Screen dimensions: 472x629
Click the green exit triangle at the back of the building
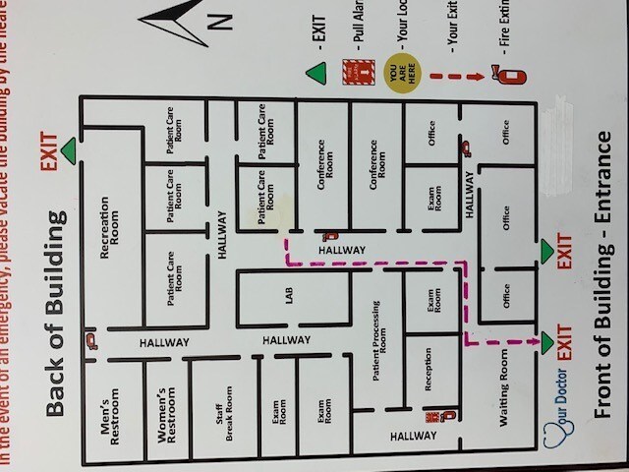[69, 150]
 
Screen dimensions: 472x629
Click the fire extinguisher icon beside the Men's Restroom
[89, 341]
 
